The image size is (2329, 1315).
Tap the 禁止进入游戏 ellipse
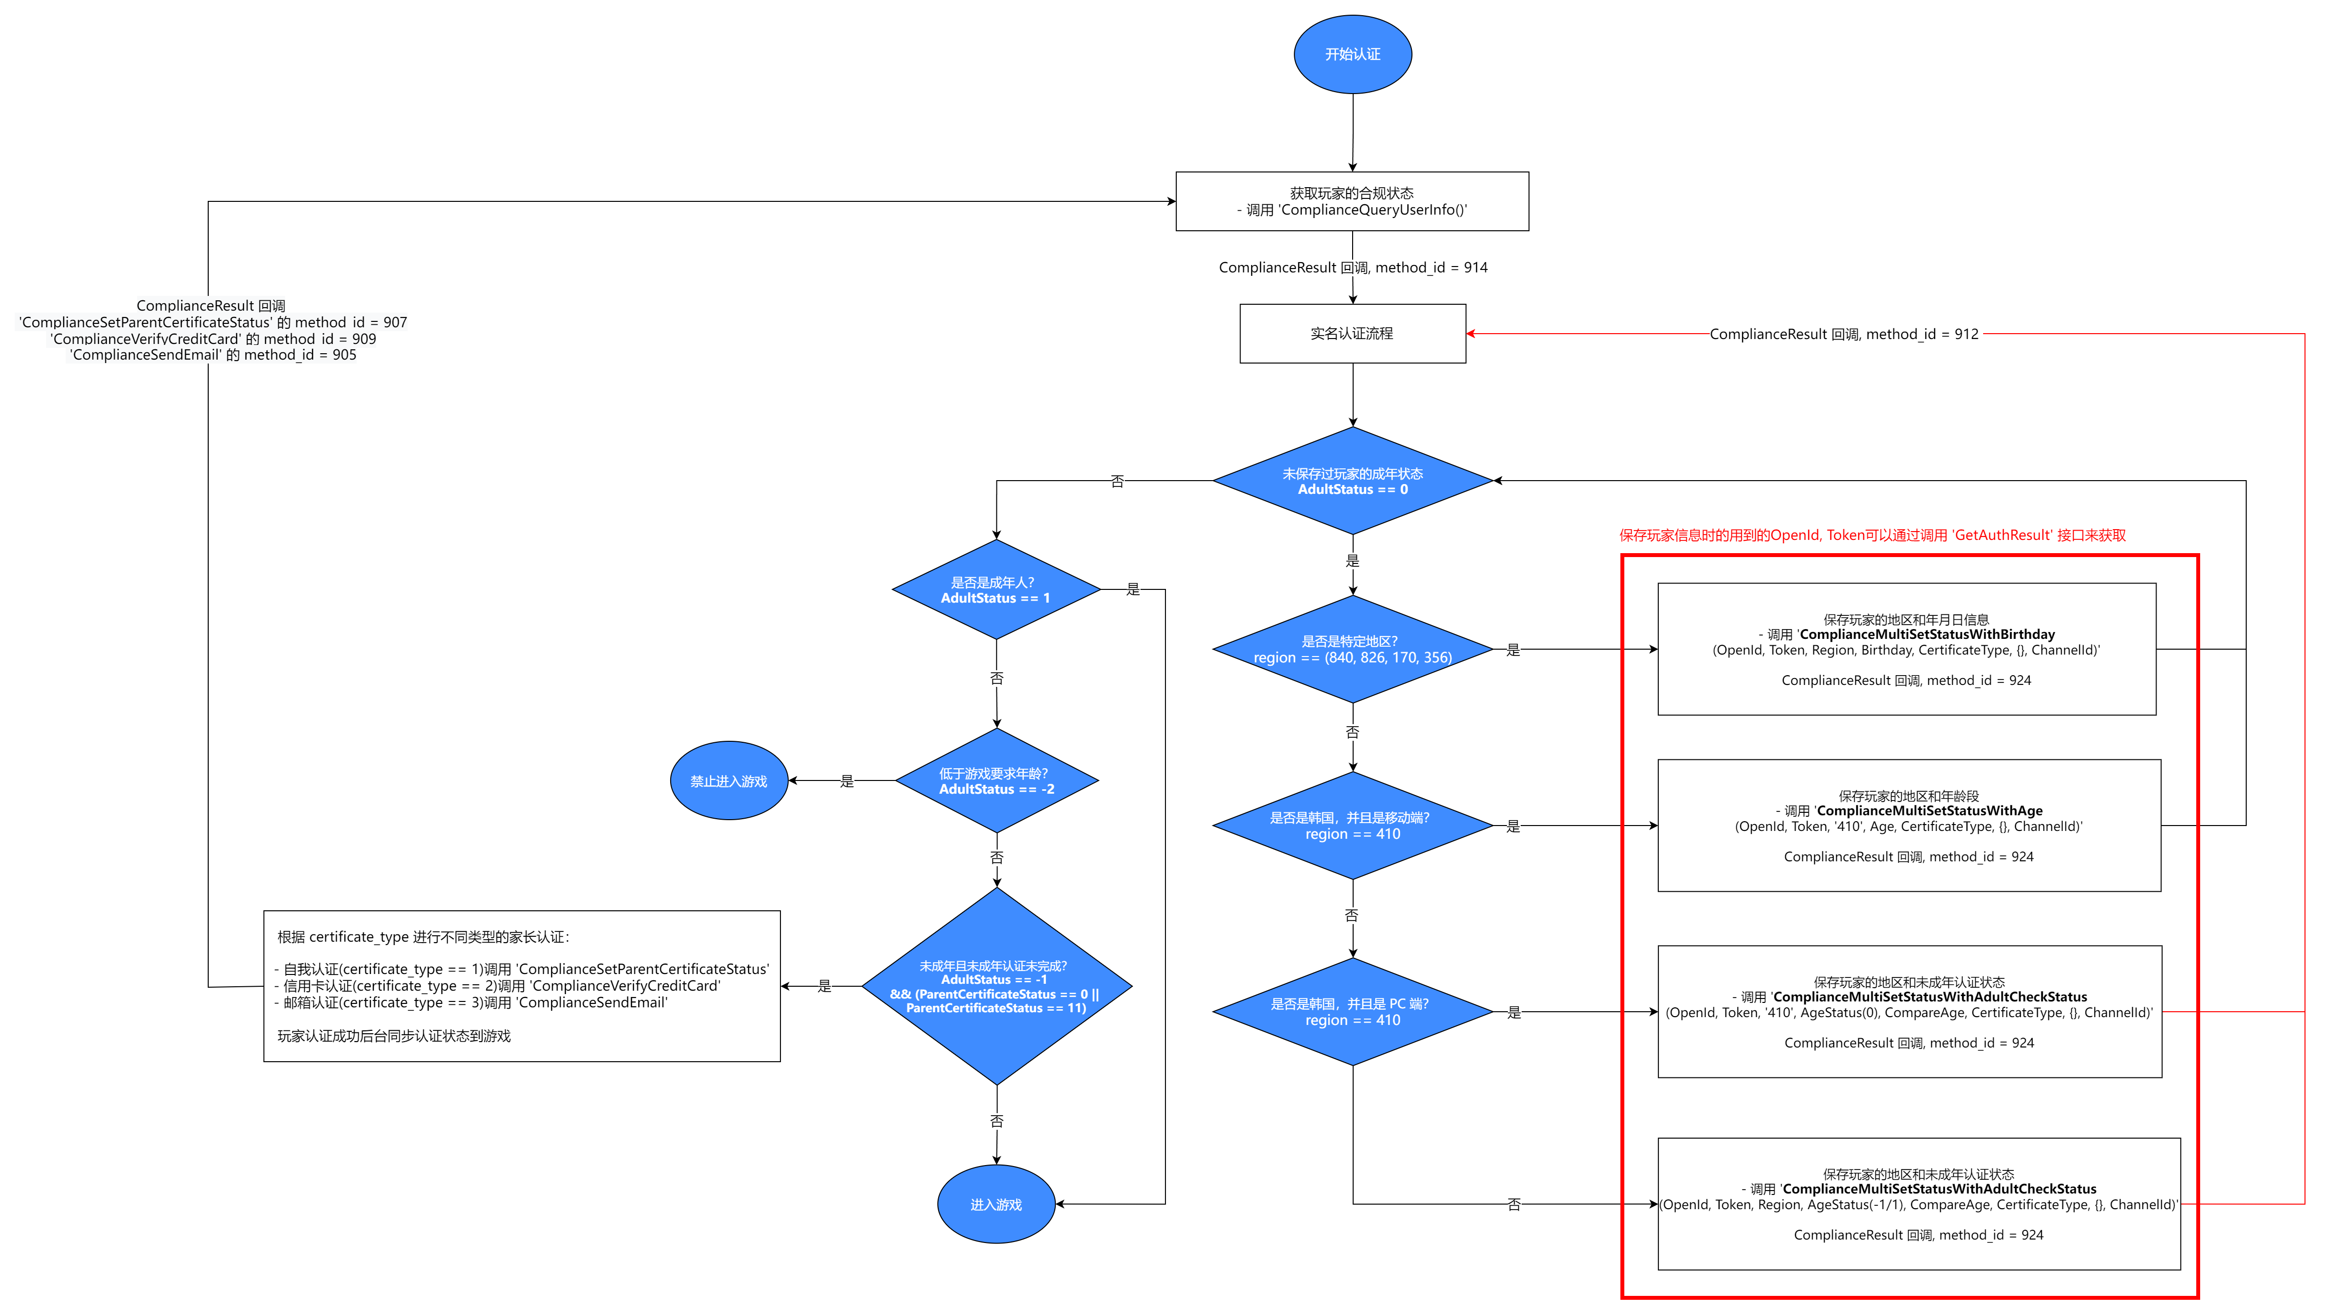728,780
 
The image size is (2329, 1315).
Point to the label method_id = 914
1353,268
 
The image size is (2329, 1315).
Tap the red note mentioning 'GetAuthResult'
1871,536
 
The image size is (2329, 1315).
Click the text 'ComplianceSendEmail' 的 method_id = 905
214,355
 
